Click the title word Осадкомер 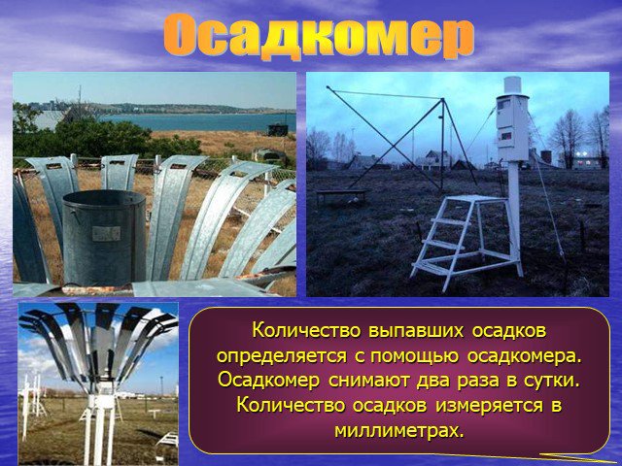coord(319,37)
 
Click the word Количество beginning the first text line coord(306,331)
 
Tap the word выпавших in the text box coord(416,331)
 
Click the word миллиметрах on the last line coord(399,430)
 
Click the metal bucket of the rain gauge coord(104,237)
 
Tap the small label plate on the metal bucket coord(106,233)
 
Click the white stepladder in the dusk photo coord(466,240)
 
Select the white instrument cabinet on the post coord(512,127)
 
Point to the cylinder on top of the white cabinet coord(512,85)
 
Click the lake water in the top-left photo coord(198,122)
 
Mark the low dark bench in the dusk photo coord(341,196)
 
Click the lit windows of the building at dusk coord(585,161)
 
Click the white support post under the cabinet coord(514,216)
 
